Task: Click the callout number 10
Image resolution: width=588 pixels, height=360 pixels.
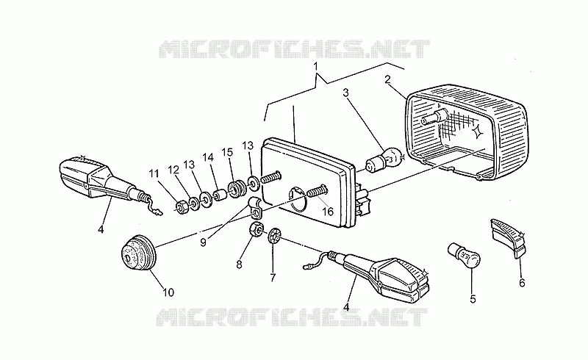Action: click(168, 292)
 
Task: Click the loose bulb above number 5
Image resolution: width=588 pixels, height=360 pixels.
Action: click(465, 256)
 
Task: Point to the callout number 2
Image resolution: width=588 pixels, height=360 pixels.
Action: click(387, 79)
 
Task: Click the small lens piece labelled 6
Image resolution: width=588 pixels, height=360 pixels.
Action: click(508, 238)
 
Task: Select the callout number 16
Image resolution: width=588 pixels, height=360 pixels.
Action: click(328, 212)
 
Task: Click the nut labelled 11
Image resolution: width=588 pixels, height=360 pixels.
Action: click(182, 207)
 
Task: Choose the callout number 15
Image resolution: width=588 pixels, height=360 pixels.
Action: click(227, 152)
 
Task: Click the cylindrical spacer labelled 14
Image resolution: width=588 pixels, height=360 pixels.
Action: click(219, 196)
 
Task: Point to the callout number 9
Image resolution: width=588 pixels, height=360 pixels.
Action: click(203, 242)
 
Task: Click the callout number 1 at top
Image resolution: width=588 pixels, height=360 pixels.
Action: click(315, 66)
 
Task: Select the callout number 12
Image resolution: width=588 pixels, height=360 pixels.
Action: click(174, 170)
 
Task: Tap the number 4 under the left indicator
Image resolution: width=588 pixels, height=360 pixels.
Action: click(101, 228)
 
